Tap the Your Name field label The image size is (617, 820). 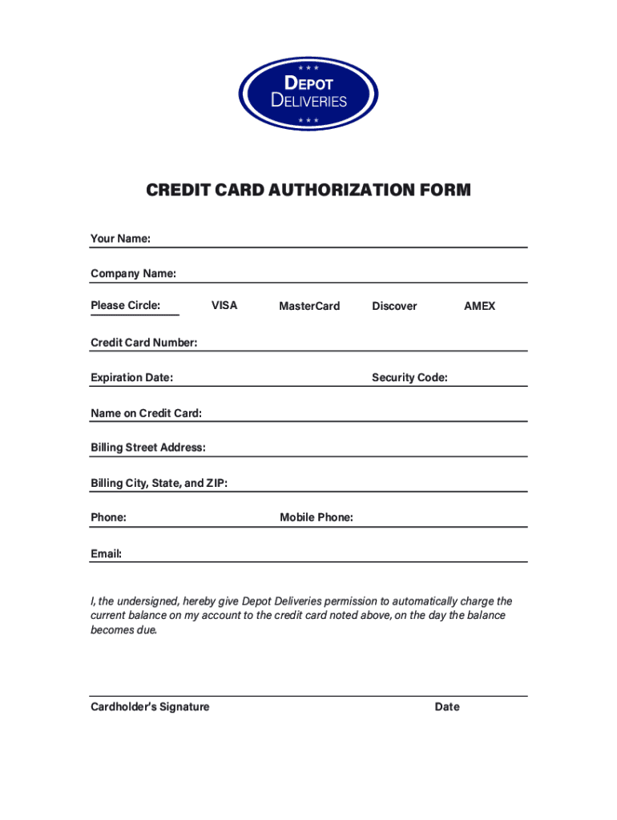pyautogui.click(x=120, y=239)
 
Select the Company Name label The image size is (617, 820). pyautogui.click(x=133, y=274)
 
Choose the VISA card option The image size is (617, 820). pyautogui.click(x=224, y=305)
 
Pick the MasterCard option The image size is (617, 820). pyautogui.click(x=309, y=306)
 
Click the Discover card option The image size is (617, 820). pyautogui.click(x=394, y=306)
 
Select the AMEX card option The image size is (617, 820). pyautogui.click(x=479, y=306)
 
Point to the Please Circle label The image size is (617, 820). pyautogui.click(x=125, y=305)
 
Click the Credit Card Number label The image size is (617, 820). pyautogui.click(x=143, y=343)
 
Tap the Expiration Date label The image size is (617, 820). pyautogui.click(x=131, y=377)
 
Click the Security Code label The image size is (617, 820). pyautogui.click(x=409, y=377)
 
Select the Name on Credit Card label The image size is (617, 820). pyautogui.click(x=146, y=413)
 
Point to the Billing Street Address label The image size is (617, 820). pyautogui.click(x=147, y=447)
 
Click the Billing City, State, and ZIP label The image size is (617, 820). pyautogui.click(x=159, y=483)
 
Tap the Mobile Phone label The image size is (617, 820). pyautogui.click(x=317, y=517)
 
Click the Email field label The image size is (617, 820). pyautogui.click(x=106, y=553)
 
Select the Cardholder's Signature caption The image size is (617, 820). pyautogui.click(x=150, y=707)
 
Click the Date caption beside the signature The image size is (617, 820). pyautogui.click(x=447, y=707)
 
